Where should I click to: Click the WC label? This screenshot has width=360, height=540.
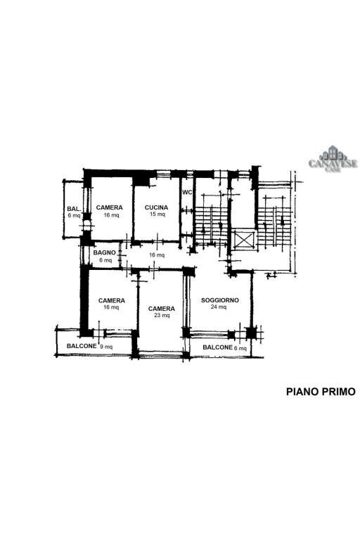[x=187, y=192]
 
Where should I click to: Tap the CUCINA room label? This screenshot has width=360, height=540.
[x=156, y=207]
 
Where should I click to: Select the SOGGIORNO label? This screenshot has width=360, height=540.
[x=220, y=300]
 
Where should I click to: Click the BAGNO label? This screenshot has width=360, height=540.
[x=104, y=253]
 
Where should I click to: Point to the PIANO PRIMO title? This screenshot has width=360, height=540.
[x=321, y=392]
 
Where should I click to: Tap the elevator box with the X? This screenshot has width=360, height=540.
[x=244, y=240]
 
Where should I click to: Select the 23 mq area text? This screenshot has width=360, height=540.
[x=162, y=316]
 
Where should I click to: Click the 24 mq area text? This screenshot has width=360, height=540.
[x=219, y=307]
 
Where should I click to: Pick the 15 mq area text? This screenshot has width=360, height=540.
[x=157, y=214]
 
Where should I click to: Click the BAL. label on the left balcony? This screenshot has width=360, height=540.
[x=74, y=209]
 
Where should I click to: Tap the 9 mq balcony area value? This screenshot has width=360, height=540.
[x=106, y=347]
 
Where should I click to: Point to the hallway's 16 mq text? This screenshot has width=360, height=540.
[x=157, y=255]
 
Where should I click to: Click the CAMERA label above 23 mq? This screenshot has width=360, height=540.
[x=162, y=309]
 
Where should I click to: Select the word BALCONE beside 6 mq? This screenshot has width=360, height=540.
[x=217, y=347]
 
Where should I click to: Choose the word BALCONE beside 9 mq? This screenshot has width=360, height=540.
[x=82, y=346]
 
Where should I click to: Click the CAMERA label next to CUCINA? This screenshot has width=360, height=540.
[x=109, y=207]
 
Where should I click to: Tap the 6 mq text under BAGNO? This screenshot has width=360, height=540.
[x=105, y=260]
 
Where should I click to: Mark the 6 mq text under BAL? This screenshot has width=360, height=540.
[x=74, y=216]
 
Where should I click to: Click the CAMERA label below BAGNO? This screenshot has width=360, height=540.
[x=112, y=300]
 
